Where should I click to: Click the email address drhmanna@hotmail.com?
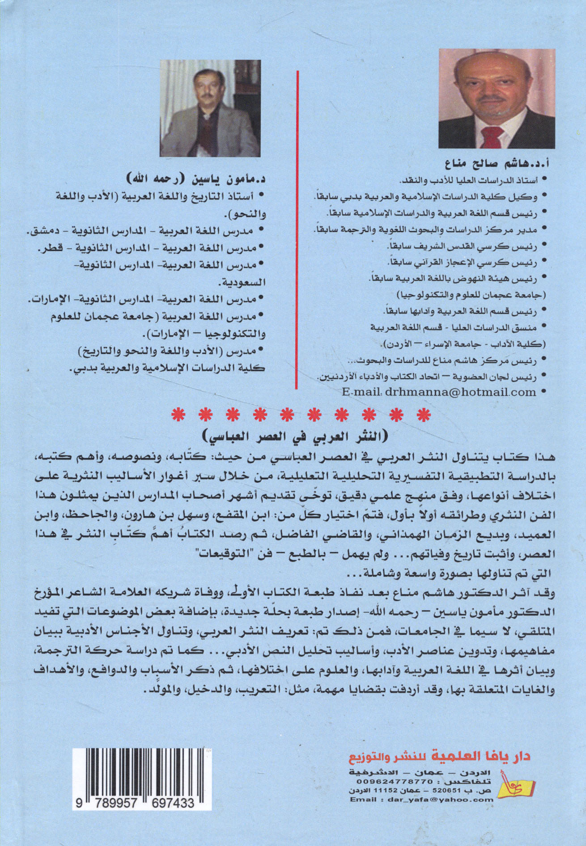[439, 392]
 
